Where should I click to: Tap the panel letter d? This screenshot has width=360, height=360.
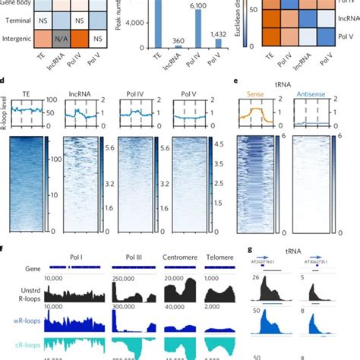pyautogui.click(x=5, y=79)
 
